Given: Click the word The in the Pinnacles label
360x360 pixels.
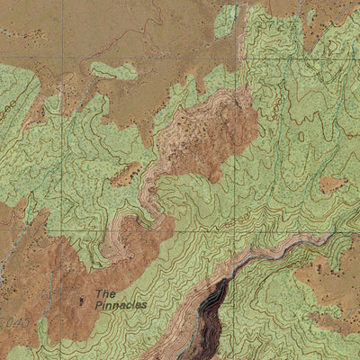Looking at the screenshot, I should click(105, 293).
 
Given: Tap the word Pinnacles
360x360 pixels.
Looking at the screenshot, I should click(121, 305).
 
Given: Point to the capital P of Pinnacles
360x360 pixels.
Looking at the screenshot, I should click(98, 305).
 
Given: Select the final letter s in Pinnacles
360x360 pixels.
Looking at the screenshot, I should click(144, 305).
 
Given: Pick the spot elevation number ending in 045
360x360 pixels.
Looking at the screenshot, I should click(11, 321).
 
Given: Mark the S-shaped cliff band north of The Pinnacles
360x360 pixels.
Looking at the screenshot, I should click(153, 193).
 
